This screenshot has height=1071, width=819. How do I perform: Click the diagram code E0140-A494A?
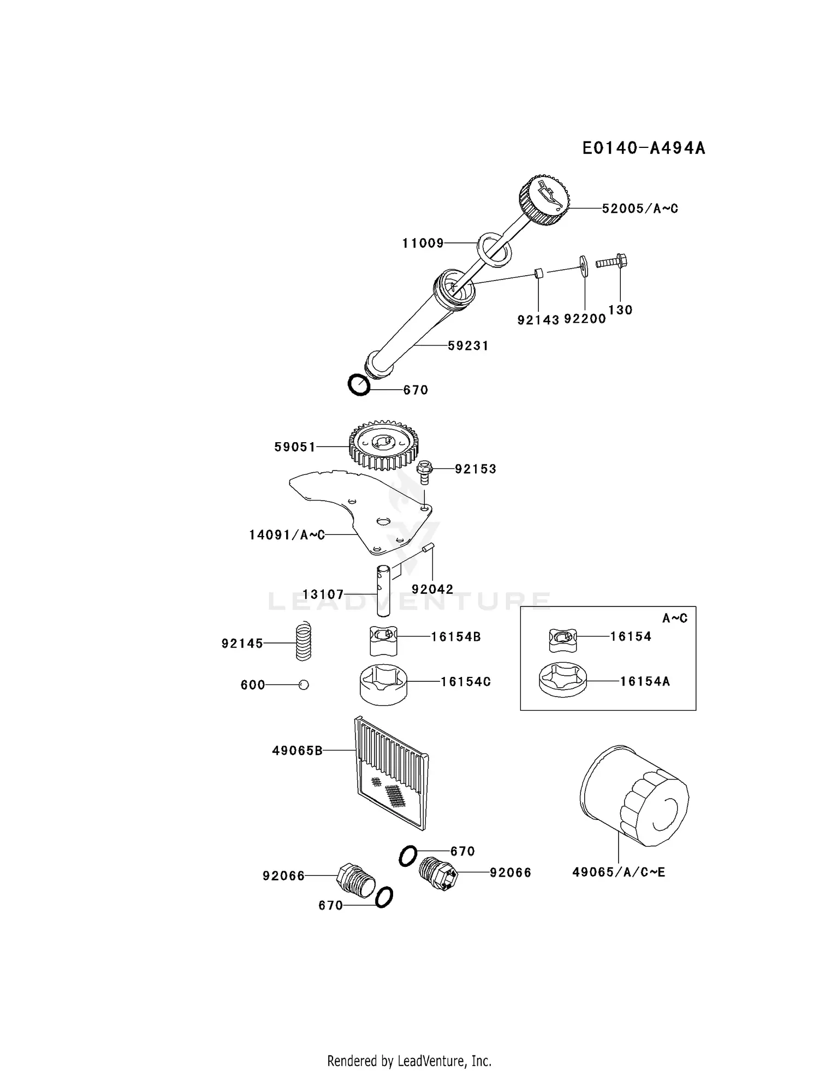point(643,148)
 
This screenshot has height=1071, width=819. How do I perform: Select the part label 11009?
point(423,243)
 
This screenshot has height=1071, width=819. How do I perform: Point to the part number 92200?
point(585,319)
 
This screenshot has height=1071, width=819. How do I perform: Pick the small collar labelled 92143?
point(538,273)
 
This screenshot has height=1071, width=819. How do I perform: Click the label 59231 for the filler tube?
point(468,346)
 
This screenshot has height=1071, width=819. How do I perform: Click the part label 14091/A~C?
point(287,535)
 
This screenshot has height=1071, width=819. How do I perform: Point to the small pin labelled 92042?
point(427,548)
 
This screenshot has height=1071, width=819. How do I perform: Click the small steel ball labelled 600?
point(304,685)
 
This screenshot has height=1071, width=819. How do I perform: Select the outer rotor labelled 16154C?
point(383,684)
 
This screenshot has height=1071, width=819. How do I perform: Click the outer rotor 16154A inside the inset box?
point(563,681)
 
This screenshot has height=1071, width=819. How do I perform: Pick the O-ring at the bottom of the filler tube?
point(359,385)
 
